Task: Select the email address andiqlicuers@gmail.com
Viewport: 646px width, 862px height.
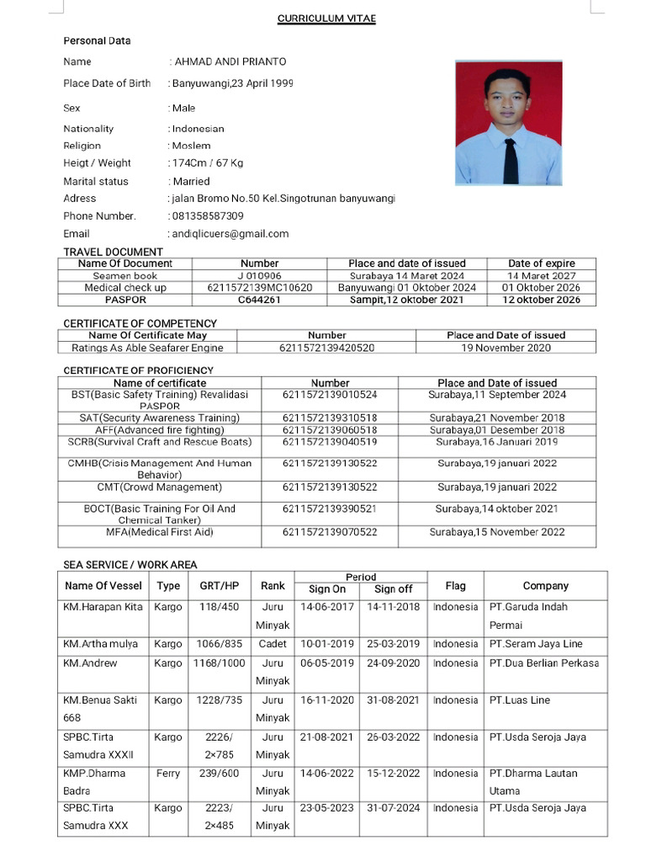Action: click(x=230, y=234)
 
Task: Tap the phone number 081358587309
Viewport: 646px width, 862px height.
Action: click(x=208, y=216)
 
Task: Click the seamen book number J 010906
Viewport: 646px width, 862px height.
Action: click(x=259, y=275)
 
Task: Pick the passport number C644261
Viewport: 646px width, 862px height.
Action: click(x=259, y=300)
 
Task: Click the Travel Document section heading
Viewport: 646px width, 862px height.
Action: click(x=114, y=252)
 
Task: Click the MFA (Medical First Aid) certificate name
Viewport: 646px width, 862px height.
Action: click(x=160, y=532)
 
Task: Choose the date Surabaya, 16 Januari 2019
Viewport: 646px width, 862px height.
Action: click(x=496, y=442)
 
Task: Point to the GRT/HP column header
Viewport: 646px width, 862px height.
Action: click(x=219, y=586)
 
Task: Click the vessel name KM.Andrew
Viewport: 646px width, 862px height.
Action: click(x=90, y=663)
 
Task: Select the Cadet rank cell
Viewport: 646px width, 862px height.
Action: click(x=273, y=644)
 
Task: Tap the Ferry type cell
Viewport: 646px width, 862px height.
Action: click(x=168, y=774)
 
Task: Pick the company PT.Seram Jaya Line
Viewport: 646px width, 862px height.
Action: click(x=536, y=644)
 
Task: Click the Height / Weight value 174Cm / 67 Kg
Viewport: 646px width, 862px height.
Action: click(x=208, y=163)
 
